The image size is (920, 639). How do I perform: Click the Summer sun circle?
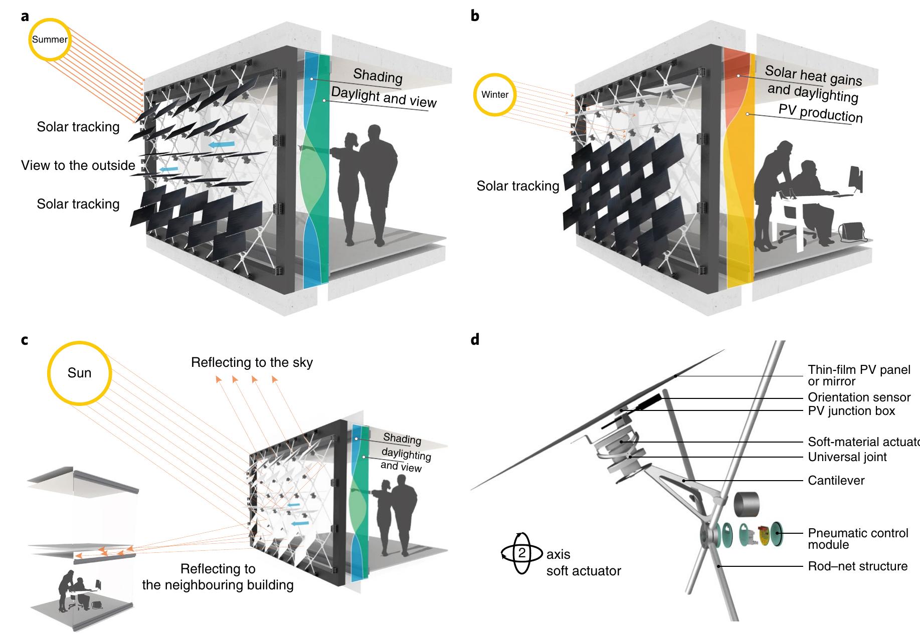pos(49,40)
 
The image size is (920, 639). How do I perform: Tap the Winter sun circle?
pos(494,95)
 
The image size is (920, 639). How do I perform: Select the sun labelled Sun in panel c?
pos(79,373)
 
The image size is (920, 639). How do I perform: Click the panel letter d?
pos(475,340)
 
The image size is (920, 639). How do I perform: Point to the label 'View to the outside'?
pos(78,165)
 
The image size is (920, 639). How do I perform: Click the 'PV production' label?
pos(820,113)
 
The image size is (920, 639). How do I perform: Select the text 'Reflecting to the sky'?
pos(252,362)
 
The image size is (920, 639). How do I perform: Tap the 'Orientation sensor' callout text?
pos(859,397)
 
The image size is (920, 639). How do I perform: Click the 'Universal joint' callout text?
pos(847,457)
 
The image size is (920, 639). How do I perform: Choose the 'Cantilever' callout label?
pos(836,481)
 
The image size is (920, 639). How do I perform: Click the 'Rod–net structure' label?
pos(857,566)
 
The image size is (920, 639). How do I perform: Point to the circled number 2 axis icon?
pos(522,553)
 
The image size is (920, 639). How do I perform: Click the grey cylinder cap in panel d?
pos(746,503)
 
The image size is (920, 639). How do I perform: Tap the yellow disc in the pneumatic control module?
pos(764,534)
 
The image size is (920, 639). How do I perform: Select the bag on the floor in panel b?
pos(851,232)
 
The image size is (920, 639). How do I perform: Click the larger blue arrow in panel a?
pos(221,144)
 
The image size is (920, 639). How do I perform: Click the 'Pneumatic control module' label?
pos(857,539)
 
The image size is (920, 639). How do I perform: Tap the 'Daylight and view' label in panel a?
pos(384,97)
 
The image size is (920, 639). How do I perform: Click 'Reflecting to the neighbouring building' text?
pos(218,577)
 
